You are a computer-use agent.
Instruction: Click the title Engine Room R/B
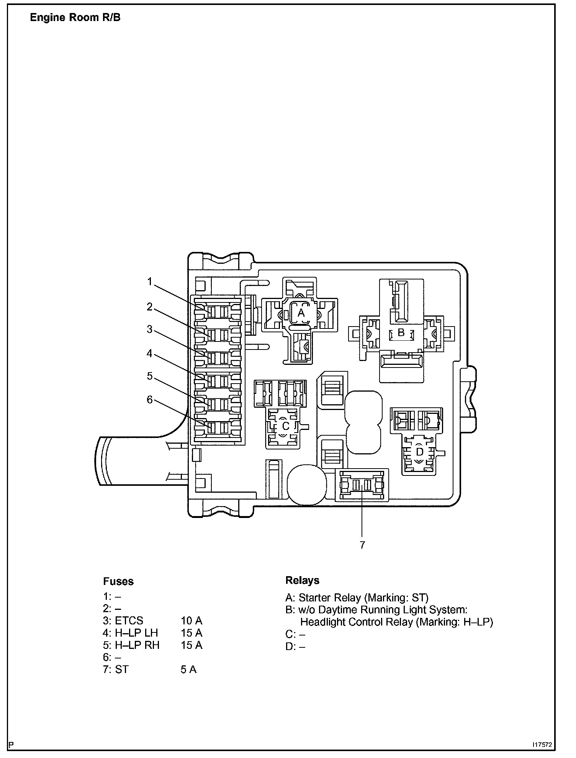pos(75,18)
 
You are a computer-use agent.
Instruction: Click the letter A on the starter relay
pos(301,313)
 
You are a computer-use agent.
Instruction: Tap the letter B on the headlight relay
pos(401,333)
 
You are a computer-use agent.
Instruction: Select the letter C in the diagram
pos(285,426)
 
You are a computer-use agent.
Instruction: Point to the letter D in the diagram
pos(419,452)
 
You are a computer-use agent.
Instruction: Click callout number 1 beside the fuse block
pos(150,282)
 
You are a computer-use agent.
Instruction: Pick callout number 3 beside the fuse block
pos(150,329)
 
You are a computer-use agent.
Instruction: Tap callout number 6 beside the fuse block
pos(150,400)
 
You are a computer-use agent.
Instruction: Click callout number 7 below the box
pos(362,545)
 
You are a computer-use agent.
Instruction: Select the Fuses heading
pos(118,582)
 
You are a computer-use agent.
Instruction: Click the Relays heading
pos(302,580)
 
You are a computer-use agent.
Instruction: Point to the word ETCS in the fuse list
pos(129,621)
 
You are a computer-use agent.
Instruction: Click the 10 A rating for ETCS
pos(191,621)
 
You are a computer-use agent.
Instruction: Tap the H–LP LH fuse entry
pos(136,633)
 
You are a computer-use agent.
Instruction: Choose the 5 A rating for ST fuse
pos(188,670)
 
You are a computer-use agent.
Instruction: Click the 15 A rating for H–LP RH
pos(191,645)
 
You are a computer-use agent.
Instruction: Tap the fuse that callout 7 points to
pos(362,485)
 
